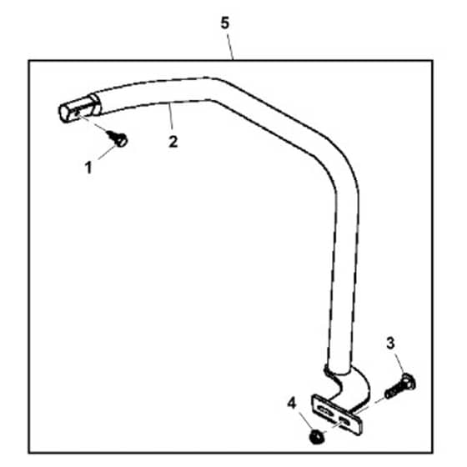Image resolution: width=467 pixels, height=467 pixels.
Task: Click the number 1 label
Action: [88, 168]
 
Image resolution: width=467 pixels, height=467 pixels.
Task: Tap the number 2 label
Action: [173, 142]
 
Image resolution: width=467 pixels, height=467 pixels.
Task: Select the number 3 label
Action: [390, 344]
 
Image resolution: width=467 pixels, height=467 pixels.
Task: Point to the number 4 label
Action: [292, 404]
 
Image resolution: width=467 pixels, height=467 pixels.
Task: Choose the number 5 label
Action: [225, 23]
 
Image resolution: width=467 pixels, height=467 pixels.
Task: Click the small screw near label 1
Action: [118, 138]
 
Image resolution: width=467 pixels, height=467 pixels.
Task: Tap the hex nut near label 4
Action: [317, 437]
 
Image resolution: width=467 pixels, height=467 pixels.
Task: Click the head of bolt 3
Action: [408, 382]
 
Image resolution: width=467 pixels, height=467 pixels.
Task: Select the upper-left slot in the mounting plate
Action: [325, 411]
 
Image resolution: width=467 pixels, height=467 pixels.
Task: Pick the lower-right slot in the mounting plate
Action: [346, 422]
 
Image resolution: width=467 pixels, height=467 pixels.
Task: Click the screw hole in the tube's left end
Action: [77, 113]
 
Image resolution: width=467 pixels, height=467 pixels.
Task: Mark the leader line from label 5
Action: [230, 47]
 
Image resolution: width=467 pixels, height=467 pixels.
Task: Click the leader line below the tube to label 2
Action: [171, 117]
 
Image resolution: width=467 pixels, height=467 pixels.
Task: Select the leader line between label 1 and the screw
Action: [107, 153]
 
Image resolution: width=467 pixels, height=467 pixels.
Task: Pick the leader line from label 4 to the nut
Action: [306, 420]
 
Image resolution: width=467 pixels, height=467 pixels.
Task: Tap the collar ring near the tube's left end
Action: [96, 104]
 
